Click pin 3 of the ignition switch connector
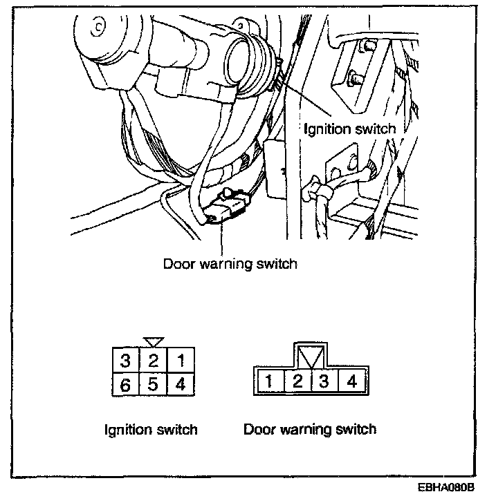[x=125, y=361]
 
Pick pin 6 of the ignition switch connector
[x=125, y=384]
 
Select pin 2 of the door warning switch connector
[x=297, y=381]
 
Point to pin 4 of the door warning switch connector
[x=351, y=381]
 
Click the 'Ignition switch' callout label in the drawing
[x=350, y=129]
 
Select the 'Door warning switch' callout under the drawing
[x=230, y=264]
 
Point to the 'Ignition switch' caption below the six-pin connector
[x=150, y=429]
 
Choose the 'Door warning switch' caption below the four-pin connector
[x=310, y=429]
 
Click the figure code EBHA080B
[x=447, y=488]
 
